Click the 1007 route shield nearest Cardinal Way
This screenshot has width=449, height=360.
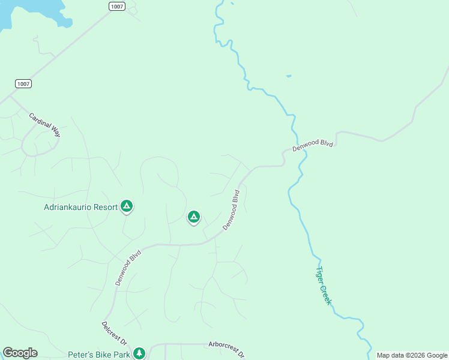pyautogui.click(x=23, y=83)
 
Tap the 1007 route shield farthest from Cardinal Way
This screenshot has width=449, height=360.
pyautogui.click(x=116, y=6)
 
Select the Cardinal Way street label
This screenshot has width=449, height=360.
pyautogui.click(x=44, y=125)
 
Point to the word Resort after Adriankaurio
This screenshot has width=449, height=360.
pyautogui.click(x=106, y=208)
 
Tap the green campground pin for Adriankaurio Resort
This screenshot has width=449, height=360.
pyautogui.click(x=127, y=206)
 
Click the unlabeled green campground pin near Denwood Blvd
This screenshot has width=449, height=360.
pyautogui.click(x=193, y=217)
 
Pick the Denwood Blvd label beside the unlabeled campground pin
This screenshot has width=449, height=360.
pyautogui.click(x=231, y=210)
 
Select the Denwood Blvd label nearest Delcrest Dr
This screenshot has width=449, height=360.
pyautogui.click(x=128, y=268)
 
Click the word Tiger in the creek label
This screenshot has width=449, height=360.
pyautogui.click(x=321, y=275)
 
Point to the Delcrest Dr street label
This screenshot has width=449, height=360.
pyautogui.click(x=114, y=334)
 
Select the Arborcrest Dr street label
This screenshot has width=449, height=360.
pyautogui.click(x=226, y=349)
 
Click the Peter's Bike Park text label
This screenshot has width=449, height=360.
pyautogui.click(x=99, y=355)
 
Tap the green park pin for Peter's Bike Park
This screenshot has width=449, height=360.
pyautogui.click(x=139, y=353)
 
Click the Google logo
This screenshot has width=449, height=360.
pyautogui.click(x=20, y=353)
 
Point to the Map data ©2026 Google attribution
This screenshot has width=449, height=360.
pyautogui.click(x=412, y=355)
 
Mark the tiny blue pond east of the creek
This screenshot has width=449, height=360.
pyautogui.click(x=289, y=76)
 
